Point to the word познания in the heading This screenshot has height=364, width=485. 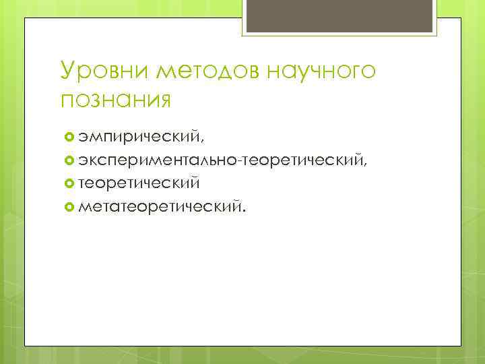coord(115,98)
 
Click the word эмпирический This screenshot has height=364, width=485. coord(138,138)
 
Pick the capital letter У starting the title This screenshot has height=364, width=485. coord(68,71)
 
